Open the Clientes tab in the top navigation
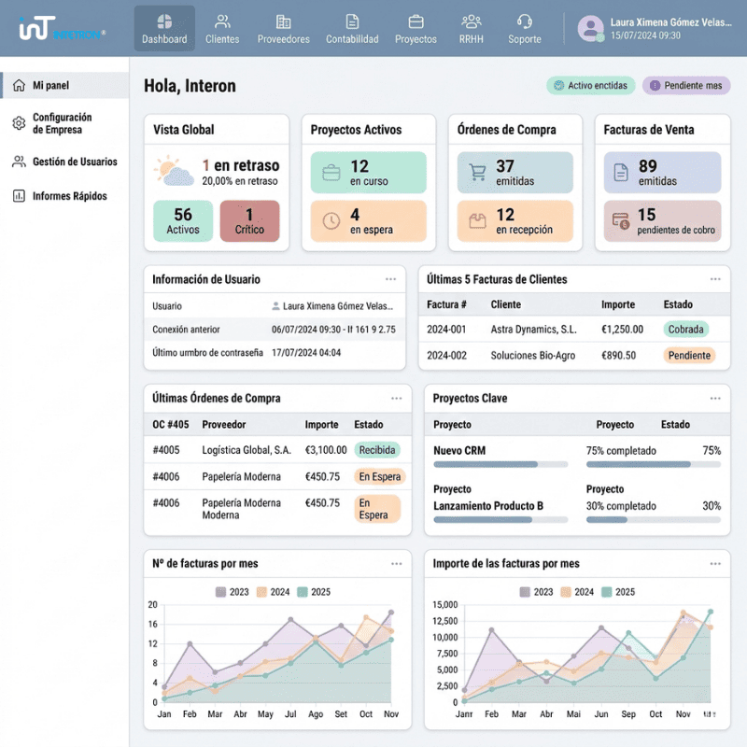(x=222, y=29)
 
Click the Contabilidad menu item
(x=352, y=29)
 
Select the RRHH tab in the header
(x=472, y=29)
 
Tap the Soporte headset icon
(x=525, y=21)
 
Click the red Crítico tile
(x=249, y=221)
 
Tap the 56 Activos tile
(x=183, y=221)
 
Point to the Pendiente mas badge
(x=686, y=86)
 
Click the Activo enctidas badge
(x=590, y=86)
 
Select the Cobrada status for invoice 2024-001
(x=686, y=330)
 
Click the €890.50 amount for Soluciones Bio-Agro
(x=618, y=356)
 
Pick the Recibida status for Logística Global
(x=377, y=450)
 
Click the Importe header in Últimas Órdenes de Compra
(x=322, y=425)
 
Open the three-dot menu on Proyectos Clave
(x=715, y=398)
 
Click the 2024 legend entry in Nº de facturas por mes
(x=275, y=592)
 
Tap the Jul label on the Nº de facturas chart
(x=290, y=714)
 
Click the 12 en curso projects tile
(x=368, y=173)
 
